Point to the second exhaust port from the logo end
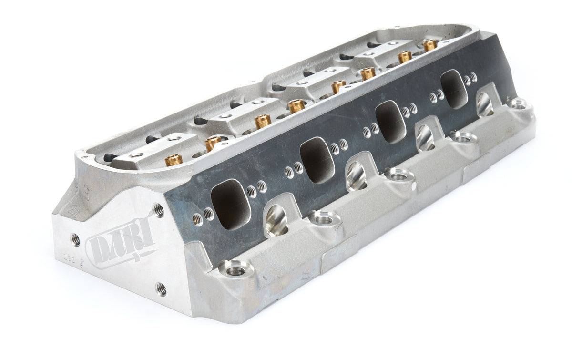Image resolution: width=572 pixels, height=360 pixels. pos(315,160)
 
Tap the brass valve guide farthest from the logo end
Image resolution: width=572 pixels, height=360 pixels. pos(430,45)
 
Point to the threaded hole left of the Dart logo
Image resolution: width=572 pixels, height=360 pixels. pos(76,239)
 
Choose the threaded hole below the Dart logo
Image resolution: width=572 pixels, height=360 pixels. pos(161,288)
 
